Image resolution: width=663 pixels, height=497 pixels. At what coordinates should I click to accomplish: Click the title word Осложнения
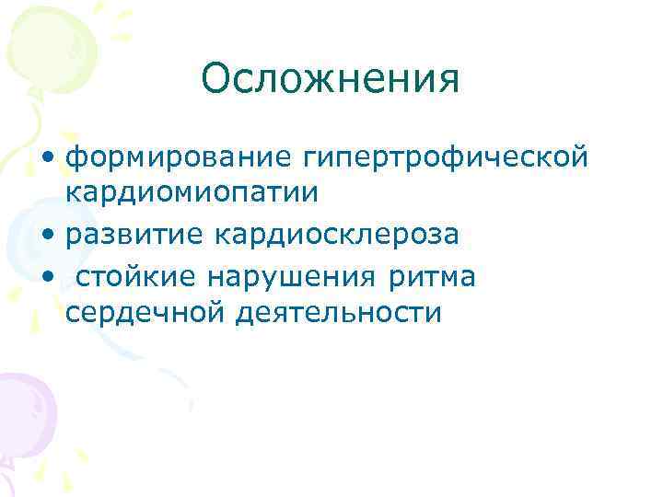click(x=330, y=79)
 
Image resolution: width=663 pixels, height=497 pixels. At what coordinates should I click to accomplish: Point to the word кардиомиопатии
click(x=192, y=193)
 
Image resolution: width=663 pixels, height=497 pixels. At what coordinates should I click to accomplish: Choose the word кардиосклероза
click(x=336, y=235)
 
